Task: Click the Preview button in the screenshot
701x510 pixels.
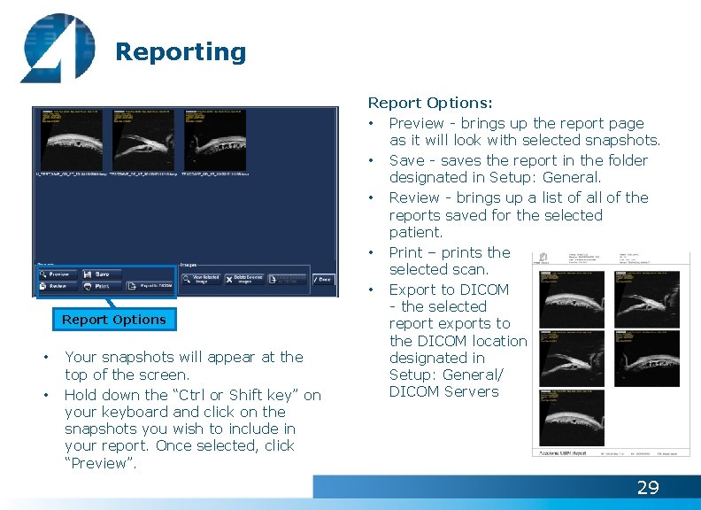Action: pos(55,274)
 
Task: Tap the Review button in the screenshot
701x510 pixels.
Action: pos(55,286)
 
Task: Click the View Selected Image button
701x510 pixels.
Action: pos(200,280)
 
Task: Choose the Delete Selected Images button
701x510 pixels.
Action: pos(244,280)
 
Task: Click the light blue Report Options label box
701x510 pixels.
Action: pos(113,320)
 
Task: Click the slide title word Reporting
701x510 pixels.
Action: pos(181,52)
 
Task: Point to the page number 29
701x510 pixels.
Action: pos(648,488)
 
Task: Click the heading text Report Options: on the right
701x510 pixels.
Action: pos(430,104)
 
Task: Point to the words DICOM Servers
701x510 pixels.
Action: pos(443,391)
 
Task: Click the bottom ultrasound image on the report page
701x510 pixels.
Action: pos(572,418)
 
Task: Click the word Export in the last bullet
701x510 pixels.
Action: pos(413,290)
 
